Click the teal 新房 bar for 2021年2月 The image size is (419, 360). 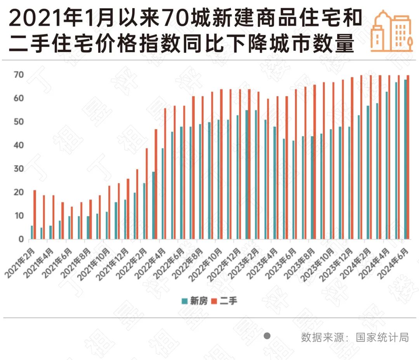pos(32,232)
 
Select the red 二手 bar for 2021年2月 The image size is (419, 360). pos(35,214)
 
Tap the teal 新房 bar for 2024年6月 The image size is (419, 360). pos(405,159)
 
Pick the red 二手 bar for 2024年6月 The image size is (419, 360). pos(408,157)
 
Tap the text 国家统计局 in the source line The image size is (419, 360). pos(382,337)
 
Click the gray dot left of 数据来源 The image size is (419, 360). pos(267,336)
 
